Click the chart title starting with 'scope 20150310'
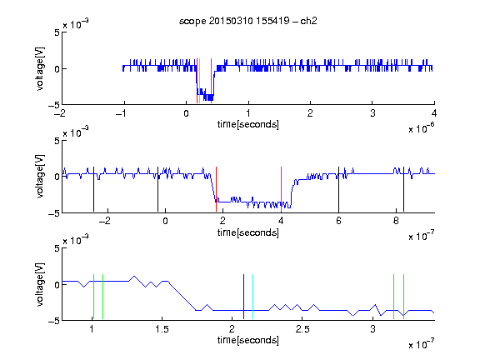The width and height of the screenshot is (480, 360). coord(248,21)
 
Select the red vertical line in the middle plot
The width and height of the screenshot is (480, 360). coord(216,189)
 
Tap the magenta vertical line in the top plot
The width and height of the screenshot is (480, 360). coord(211,81)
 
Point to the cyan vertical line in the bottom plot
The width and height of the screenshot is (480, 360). coord(252,297)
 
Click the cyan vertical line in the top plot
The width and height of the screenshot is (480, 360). coord(199,81)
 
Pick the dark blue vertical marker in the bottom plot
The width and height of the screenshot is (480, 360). coord(243,297)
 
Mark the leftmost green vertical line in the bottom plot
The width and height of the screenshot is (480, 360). coord(93,297)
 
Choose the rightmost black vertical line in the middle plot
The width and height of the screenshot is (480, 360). coord(403,189)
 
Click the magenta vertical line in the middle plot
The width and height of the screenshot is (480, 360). coord(281,189)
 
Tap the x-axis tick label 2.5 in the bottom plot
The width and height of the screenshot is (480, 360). coord(302,329)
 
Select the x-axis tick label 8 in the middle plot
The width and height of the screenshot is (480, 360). coord(396,221)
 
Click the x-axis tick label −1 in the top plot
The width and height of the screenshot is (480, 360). coord(121,113)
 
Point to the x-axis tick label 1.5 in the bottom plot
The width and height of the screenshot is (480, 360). coord(162,329)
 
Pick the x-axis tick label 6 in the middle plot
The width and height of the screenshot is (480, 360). coord(338,221)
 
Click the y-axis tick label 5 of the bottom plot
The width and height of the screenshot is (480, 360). coord(57,248)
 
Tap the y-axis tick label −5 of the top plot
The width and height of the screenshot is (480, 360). coord(54,106)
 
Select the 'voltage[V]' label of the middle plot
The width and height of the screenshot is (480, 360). coord(40,177)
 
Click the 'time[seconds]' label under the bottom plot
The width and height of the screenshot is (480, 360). coord(248,340)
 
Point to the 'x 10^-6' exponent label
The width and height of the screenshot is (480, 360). coord(422,128)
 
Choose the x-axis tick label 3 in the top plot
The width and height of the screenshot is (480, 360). coord(372,113)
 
